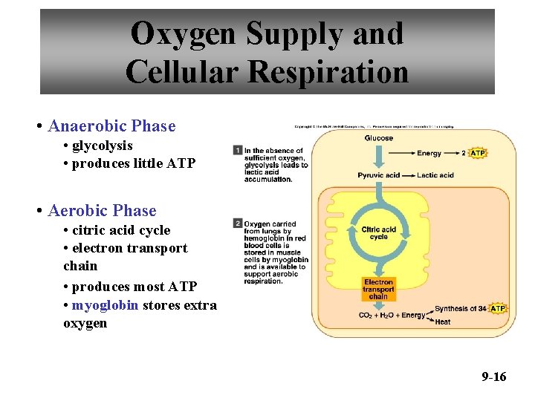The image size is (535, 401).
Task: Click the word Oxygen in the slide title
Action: (x=182, y=33)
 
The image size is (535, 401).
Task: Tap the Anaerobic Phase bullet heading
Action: (x=111, y=126)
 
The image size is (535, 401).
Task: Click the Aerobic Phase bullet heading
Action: (x=102, y=211)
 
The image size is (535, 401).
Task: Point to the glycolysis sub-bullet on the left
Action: (x=102, y=146)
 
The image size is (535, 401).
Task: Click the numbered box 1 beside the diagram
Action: (x=238, y=150)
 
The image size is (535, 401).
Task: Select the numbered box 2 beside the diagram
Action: (x=238, y=223)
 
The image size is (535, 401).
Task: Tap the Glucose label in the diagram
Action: (x=379, y=138)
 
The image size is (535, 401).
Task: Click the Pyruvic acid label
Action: (x=379, y=175)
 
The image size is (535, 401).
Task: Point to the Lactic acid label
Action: (x=436, y=175)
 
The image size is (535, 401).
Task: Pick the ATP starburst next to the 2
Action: (x=478, y=153)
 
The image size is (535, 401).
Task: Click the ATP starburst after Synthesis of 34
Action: (x=498, y=308)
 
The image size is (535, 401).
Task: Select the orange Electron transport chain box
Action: (x=379, y=289)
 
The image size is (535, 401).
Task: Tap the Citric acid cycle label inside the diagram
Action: (x=379, y=233)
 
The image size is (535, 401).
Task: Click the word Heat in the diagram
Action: (x=442, y=322)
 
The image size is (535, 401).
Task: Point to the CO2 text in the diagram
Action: (x=366, y=316)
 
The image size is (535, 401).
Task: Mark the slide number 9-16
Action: (x=493, y=376)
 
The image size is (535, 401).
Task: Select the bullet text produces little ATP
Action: (x=134, y=163)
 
